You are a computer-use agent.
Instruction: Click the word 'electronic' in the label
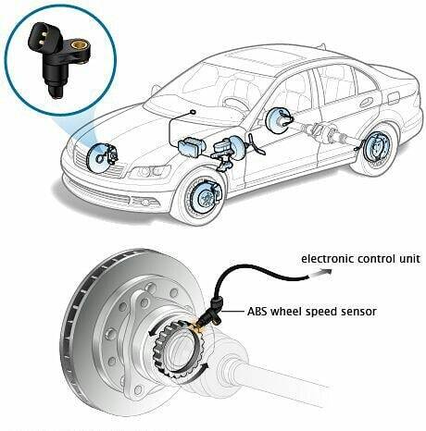327,258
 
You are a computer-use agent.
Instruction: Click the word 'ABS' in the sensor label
257,312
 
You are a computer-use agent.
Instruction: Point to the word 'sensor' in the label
358,312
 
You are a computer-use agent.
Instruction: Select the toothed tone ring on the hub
179,349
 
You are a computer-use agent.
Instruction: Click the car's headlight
149,171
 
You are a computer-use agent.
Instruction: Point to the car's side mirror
155,90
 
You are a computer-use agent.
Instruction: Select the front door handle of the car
366,102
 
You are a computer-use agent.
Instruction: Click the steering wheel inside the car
235,105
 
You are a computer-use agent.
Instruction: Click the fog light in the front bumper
145,203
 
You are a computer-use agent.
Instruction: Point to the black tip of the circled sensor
56,92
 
